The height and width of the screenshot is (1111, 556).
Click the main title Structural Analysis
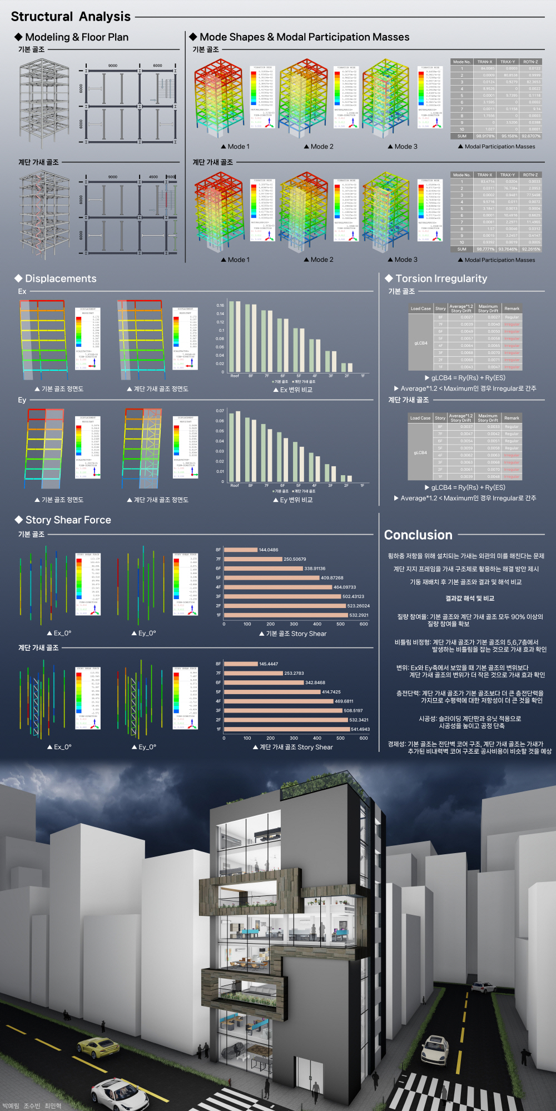71,17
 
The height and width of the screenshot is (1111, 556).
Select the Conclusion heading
418,535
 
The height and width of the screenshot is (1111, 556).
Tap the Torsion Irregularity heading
441,278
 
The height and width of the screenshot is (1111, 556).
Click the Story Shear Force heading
68,520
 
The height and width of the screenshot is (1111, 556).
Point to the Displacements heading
61,278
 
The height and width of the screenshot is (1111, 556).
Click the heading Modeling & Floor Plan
77,37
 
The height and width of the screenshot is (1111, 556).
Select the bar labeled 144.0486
241,550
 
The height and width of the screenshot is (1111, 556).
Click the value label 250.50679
295,559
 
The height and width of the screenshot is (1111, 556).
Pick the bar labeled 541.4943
287,729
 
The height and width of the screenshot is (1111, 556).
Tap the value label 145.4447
269,664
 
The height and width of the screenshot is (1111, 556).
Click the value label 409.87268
332,577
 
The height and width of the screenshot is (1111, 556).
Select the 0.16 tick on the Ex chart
220,305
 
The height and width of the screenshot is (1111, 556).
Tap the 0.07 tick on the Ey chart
220,411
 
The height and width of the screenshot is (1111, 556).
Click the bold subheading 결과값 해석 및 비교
469,599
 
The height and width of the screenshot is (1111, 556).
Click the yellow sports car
98,1047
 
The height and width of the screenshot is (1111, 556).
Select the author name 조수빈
32,1106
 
